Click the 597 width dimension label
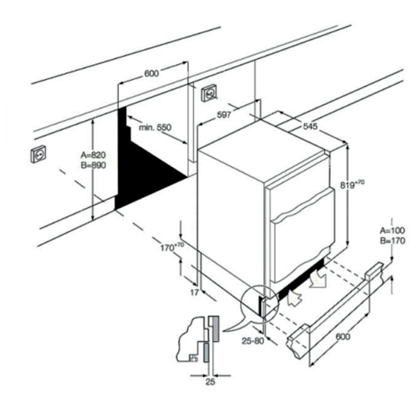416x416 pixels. pyautogui.click(x=224, y=115)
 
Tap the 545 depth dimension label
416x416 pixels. pyautogui.click(x=310, y=126)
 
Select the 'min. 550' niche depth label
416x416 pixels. pyautogui.click(x=155, y=127)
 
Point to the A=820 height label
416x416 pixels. pyautogui.click(x=93, y=155)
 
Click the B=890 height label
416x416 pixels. pyautogui.click(x=93, y=166)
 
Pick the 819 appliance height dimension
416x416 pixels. pyautogui.click(x=352, y=185)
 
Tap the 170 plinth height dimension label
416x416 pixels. pyautogui.click(x=172, y=247)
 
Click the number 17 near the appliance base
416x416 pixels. pyautogui.click(x=195, y=292)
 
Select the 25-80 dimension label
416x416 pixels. pyautogui.click(x=253, y=341)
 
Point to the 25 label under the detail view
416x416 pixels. pyautogui.click(x=210, y=382)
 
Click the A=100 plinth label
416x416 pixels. pyautogui.click(x=392, y=230)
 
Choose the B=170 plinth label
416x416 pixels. pyautogui.click(x=393, y=240)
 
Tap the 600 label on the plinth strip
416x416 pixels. pyautogui.click(x=343, y=337)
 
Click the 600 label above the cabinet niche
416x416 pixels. pyautogui.click(x=151, y=73)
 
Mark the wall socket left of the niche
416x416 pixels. pyautogui.click(x=38, y=154)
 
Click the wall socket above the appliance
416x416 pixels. pyautogui.click(x=210, y=93)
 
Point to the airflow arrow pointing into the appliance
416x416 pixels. pyautogui.click(x=295, y=298)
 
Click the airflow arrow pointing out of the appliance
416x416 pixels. pyautogui.click(x=318, y=280)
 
